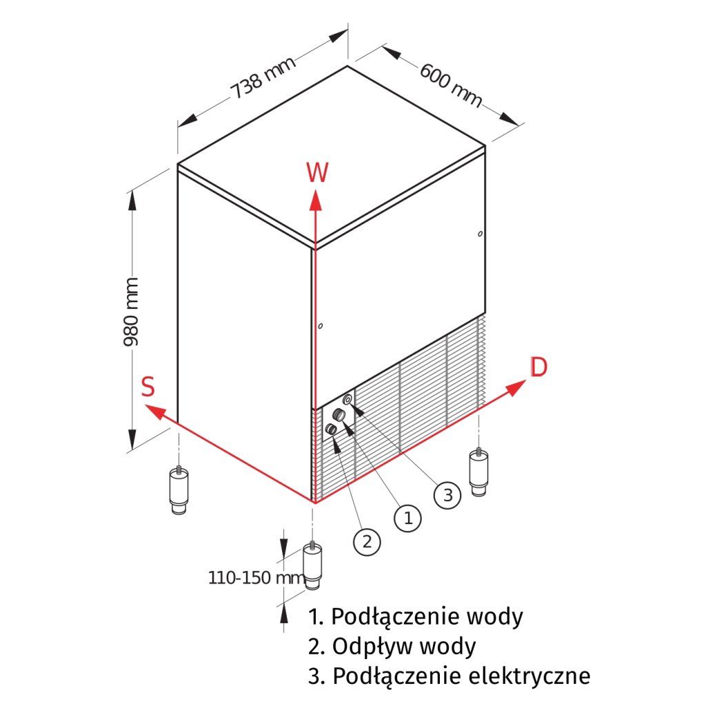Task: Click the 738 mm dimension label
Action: point(263,77)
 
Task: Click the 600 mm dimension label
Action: point(451,85)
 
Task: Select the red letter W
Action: point(317,172)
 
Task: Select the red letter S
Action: point(148,387)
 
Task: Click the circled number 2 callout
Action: point(367,541)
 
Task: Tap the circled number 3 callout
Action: point(447,495)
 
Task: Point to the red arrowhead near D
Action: point(516,388)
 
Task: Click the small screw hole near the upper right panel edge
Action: point(480,234)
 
